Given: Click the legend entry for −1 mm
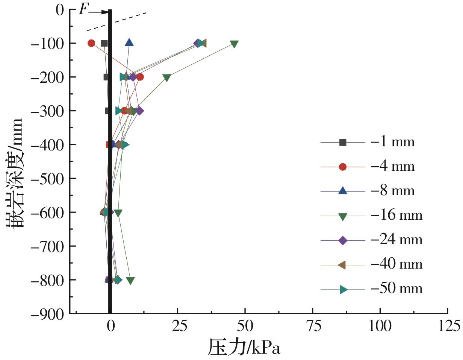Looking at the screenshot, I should (x=368, y=142).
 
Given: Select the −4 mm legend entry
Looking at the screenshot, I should (x=368, y=167).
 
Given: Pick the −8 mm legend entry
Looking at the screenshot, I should (x=368, y=191).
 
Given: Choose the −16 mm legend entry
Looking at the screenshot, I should (x=371, y=216).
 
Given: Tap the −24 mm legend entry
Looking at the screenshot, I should (x=371, y=240).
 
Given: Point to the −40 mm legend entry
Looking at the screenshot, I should (x=371, y=264).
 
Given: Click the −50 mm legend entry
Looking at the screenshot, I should (x=371, y=289).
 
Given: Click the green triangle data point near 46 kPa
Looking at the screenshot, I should (x=234, y=44).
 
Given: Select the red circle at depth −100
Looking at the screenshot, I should (x=91, y=43).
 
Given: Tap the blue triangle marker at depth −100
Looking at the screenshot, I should (x=129, y=43).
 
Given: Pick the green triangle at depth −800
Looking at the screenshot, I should (x=130, y=281).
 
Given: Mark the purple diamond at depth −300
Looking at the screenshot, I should (x=139, y=111).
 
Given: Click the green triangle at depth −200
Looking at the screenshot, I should (x=167, y=78).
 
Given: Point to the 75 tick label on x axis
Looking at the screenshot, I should (x=313, y=325).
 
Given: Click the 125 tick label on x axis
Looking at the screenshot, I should (x=448, y=325).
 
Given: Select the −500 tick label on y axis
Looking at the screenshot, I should (x=47, y=179).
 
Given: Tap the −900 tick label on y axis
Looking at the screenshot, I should (x=47, y=314).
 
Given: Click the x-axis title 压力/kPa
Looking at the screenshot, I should (x=244, y=347).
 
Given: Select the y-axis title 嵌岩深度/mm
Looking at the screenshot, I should (x=15, y=173).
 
